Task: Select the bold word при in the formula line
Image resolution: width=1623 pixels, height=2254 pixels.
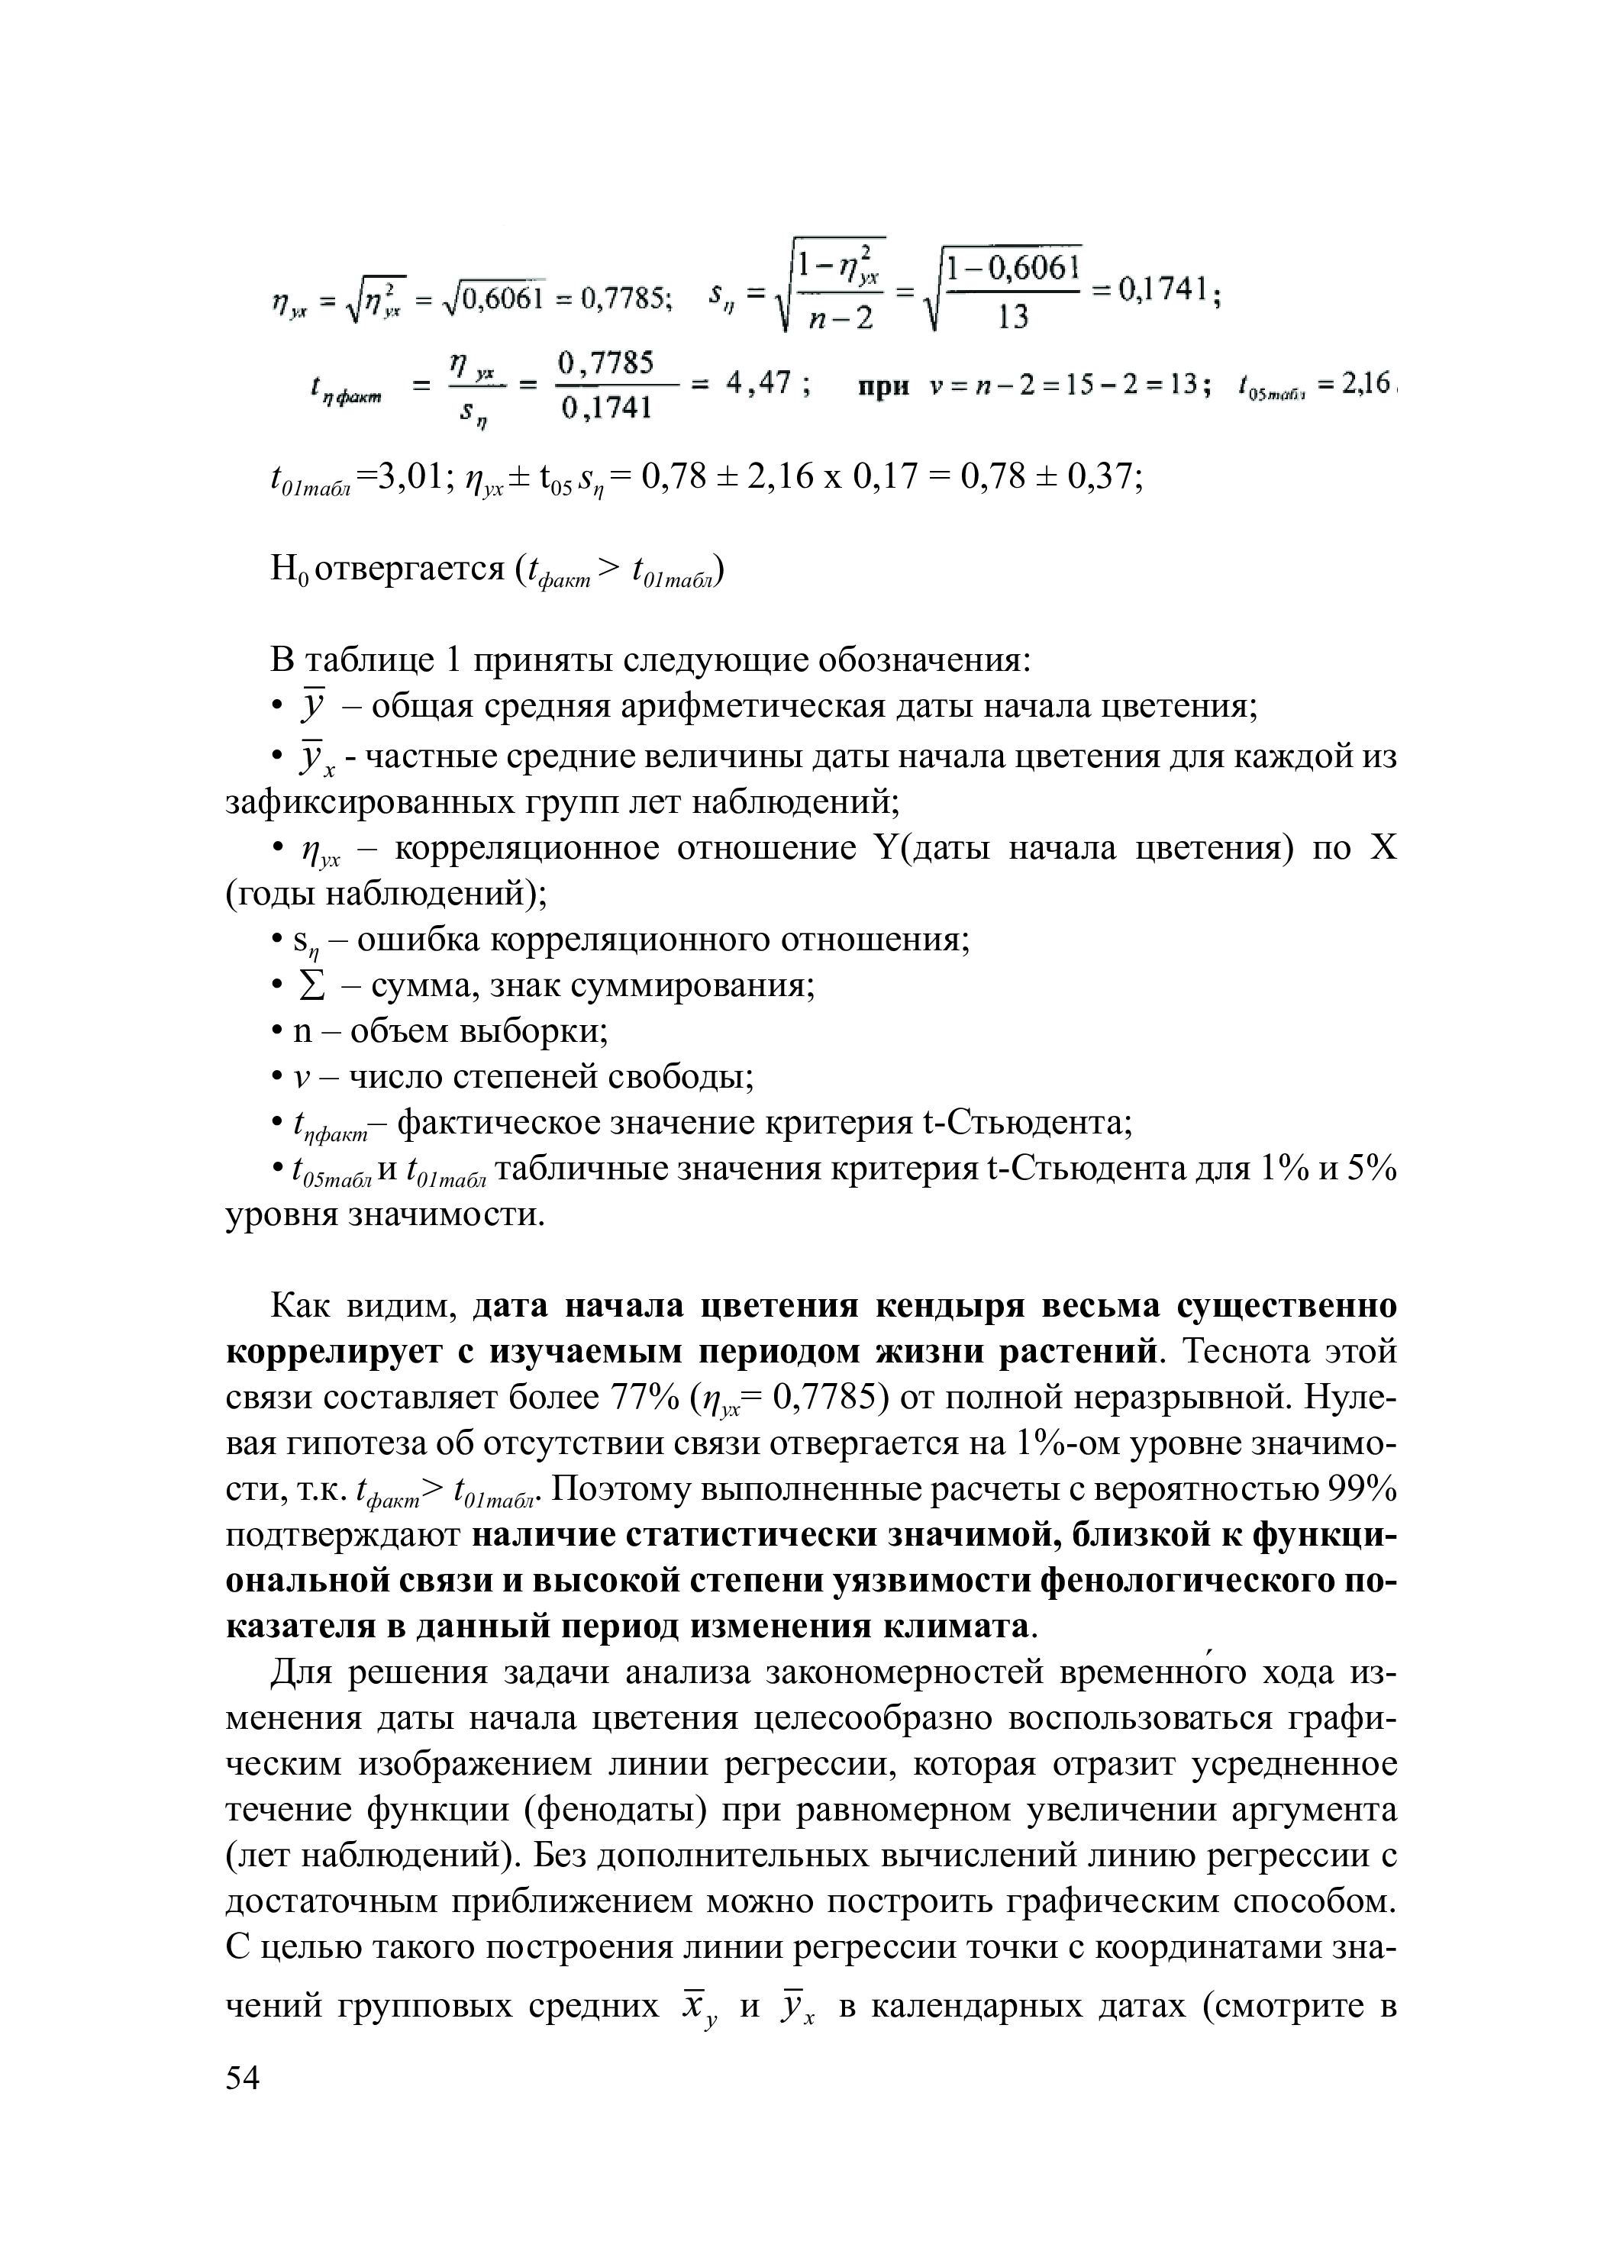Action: pyautogui.click(x=883, y=385)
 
